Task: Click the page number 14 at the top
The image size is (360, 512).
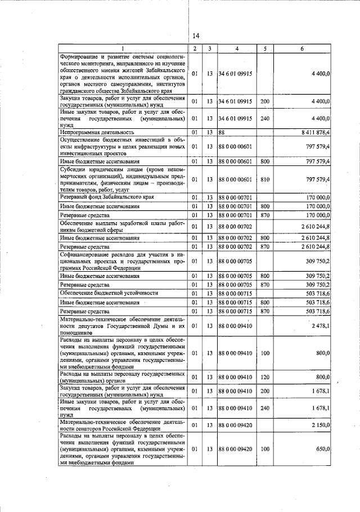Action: pyautogui.click(x=196, y=35)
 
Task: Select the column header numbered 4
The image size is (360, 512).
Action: pyautogui.click(x=237, y=49)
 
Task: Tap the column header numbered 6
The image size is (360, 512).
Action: pyautogui.click(x=302, y=49)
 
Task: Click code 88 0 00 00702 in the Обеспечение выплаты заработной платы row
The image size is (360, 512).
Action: pyautogui.click(x=237, y=226)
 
